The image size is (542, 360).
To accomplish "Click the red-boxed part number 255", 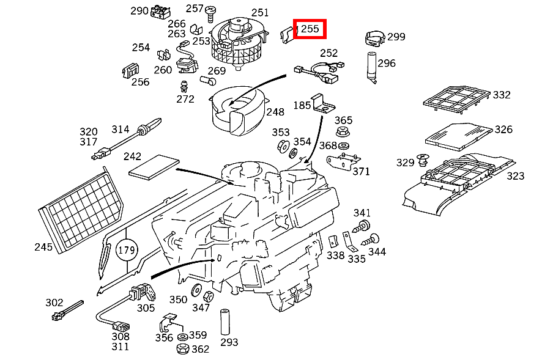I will click(x=310, y=29).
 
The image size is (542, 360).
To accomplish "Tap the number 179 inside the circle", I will click(x=127, y=251).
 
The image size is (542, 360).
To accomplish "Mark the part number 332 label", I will click(x=502, y=95).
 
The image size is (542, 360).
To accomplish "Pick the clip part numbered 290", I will click(x=162, y=11).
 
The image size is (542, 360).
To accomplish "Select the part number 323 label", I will click(x=515, y=176).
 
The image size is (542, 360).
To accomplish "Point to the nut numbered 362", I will click(x=182, y=350).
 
